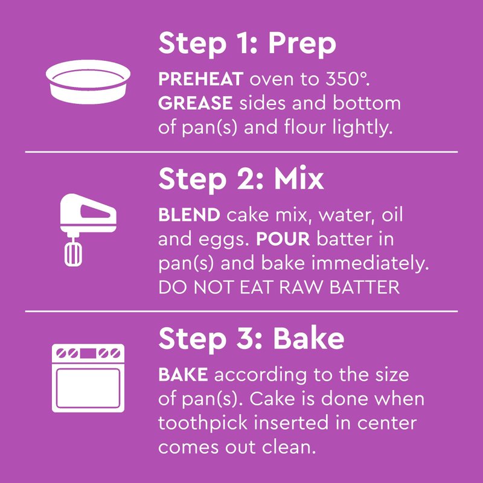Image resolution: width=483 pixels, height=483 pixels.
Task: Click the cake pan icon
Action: click(88, 82)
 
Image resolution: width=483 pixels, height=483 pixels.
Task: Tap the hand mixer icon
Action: click(88, 229)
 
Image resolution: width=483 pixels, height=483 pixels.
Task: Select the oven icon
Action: click(88, 378)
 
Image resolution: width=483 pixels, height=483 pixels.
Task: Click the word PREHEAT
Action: click(201, 79)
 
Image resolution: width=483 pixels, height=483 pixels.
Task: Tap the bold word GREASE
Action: click(196, 103)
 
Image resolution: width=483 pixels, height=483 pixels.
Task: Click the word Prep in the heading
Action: click(302, 44)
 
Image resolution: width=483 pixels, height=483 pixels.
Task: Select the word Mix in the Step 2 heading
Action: click(299, 178)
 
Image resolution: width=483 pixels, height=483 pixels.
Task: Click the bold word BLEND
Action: click(189, 215)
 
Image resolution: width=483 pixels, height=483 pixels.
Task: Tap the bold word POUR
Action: click(283, 239)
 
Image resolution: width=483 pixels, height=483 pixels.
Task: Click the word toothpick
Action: click(203, 423)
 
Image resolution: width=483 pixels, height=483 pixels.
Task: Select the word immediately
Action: click(370, 264)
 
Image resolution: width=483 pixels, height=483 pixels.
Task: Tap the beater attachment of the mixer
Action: click(73, 255)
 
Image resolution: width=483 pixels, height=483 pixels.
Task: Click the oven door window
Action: click(88, 388)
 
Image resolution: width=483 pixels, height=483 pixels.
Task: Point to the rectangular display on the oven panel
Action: click(88, 353)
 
